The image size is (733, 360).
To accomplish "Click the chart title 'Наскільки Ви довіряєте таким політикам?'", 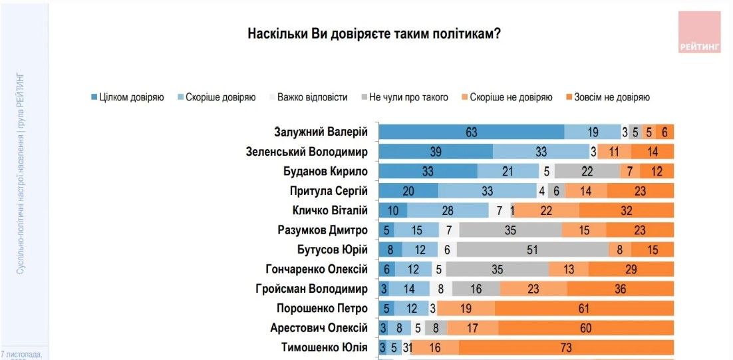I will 374,34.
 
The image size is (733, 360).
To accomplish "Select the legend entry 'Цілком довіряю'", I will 127,97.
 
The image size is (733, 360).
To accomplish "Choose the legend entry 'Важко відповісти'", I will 307,97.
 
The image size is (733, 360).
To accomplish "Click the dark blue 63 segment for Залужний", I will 472,132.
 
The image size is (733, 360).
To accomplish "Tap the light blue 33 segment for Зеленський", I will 541,152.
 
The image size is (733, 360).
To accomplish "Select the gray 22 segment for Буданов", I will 587,171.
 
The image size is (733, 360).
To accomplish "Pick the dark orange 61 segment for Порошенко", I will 584,309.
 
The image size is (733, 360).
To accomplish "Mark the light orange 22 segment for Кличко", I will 546,211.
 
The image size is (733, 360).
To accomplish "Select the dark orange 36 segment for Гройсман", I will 621,289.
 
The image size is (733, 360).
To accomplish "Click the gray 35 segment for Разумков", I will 510,230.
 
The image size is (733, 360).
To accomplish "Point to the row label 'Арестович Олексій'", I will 319,328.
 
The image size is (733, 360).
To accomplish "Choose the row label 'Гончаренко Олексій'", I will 317,270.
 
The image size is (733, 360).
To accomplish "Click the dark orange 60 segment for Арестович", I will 585,328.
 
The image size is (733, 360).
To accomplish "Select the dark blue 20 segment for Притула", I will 408,191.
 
